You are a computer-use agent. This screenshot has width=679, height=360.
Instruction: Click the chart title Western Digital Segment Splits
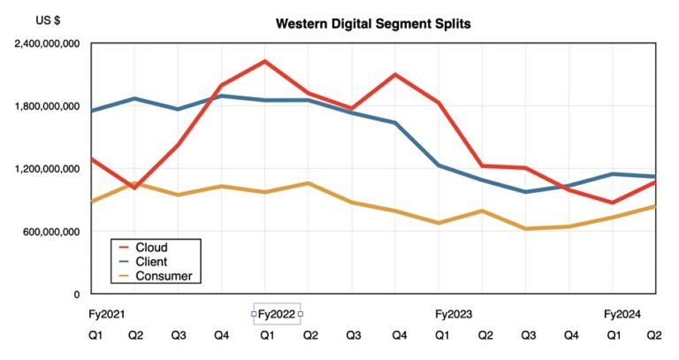(x=373, y=24)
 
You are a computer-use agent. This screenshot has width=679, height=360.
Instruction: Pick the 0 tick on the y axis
(x=77, y=295)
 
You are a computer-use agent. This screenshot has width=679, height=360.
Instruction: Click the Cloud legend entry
(x=150, y=248)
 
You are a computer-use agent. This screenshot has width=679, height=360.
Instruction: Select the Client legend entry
(x=150, y=262)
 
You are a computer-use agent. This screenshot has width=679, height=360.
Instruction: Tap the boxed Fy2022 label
(x=277, y=314)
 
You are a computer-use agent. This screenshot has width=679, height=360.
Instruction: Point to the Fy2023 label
(x=454, y=314)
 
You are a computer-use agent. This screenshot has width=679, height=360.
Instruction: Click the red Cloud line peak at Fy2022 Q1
(x=264, y=61)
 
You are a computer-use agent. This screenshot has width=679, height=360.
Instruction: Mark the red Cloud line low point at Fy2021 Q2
(x=134, y=188)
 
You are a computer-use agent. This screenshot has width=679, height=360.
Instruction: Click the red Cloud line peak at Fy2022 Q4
(x=394, y=74)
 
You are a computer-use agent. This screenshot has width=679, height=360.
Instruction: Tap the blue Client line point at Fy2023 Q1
(x=439, y=165)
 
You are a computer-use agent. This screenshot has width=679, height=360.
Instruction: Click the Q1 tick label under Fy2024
(x=612, y=335)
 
